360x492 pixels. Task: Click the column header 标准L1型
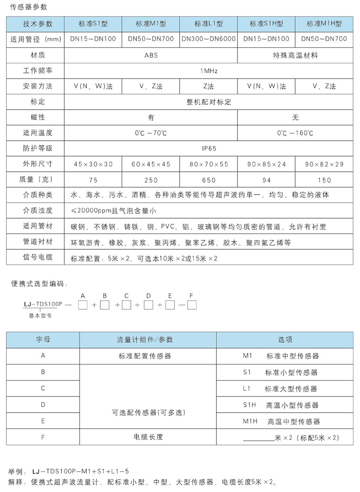click(208, 24)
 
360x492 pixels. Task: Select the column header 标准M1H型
click(324, 24)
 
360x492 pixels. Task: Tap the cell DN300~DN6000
click(208, 39)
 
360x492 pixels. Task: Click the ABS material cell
click(151, 55)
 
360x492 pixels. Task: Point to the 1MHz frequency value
click(208, 71)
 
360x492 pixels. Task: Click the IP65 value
click(208, 148)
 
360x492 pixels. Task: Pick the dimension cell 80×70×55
click(208, 164)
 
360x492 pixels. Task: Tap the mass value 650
click(208, 180)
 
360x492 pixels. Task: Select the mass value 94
click(266, 180)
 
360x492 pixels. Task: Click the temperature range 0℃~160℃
click(295, 133)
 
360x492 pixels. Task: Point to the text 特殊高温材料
click(295, 55)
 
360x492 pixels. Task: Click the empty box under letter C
click(126, 306)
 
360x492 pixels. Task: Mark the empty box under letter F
click(192, 306)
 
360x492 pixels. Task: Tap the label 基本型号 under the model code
click(40, 315)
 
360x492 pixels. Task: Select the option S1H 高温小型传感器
click(281, 405)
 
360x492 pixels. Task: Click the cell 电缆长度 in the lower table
click(148, 437)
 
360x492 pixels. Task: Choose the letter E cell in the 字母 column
click(43, 421)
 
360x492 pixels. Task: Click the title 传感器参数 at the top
click(28, 7)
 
